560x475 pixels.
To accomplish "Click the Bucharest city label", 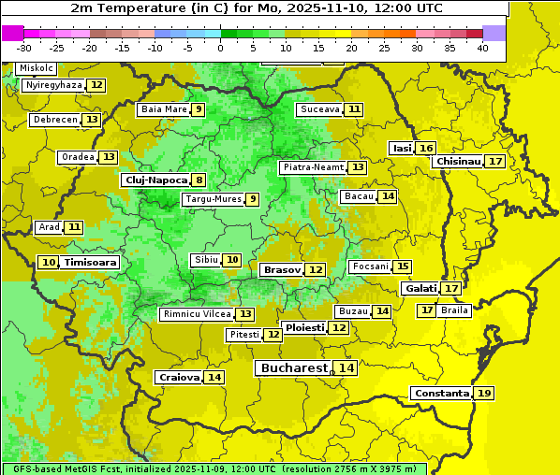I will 294,368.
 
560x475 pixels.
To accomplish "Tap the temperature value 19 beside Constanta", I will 483,394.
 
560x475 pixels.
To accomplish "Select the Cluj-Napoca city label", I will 155,180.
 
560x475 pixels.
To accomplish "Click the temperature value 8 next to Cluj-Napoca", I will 199,180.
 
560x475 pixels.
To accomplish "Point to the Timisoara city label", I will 91,263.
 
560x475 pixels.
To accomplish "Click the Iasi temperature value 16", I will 426,149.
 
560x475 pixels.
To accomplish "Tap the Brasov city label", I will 282,269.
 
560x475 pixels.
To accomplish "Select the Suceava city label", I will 319,109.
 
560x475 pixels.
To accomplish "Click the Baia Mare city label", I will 164,109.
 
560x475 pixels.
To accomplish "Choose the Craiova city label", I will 179,377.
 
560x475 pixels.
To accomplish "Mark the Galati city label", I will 420,288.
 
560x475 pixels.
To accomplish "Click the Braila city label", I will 454,310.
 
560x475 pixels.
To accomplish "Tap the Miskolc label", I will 37,68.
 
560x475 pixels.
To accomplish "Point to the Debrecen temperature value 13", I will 91,120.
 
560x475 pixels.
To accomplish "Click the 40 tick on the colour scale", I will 482,48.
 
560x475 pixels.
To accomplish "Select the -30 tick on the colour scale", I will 24,48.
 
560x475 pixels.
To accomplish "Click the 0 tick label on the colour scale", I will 220,48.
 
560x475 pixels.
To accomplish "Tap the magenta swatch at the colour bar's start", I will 12,33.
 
